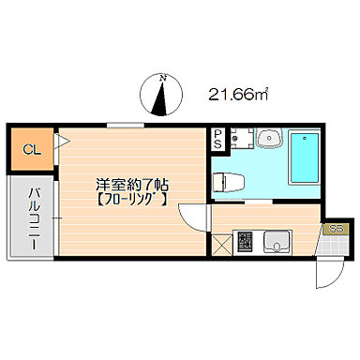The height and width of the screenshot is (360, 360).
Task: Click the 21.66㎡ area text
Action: point(238,93)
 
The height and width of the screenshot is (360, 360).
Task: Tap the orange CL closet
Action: point(31,149)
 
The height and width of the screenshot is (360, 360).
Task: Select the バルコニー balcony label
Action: point(32,215)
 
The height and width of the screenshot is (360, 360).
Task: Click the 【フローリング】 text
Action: point(131,199)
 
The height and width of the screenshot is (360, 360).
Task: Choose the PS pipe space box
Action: point(217,141)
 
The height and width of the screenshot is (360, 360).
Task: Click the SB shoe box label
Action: point(335,229)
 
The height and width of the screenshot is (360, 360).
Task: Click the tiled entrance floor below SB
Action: point(334,247)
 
